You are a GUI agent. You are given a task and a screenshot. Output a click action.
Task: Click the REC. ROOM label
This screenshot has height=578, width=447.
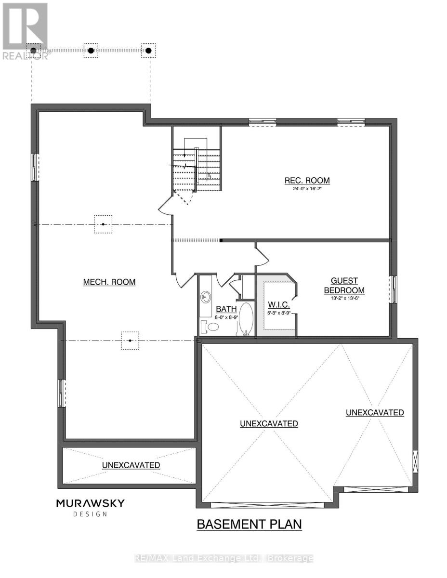coord(307,181)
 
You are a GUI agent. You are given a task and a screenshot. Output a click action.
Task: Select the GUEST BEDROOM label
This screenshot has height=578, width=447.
coord(344,286)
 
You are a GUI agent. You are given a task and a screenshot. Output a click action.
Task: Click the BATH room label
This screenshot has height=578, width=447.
coord(225,309)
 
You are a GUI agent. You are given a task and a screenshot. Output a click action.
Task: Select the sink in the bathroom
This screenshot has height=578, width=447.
coord(207,296)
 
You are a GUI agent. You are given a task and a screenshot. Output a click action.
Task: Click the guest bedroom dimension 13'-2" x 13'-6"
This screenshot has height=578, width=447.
coord(344,298)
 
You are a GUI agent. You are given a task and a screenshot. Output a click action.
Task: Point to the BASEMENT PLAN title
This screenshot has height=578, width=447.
coord(249,524)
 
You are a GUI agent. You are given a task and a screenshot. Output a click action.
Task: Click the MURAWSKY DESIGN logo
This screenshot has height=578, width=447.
coord(90,507)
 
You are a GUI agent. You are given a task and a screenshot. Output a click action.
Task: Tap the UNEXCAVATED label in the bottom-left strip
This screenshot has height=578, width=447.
coord(131,465)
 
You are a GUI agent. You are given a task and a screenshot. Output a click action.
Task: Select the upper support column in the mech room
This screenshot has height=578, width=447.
coord(103,224)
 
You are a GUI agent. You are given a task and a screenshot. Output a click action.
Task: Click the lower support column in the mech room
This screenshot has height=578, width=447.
coord(130,341)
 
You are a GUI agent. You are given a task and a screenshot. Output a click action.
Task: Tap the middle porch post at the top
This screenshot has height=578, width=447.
coord(91,50)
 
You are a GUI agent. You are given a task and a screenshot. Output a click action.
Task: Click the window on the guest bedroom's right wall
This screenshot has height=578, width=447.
coord(394,289)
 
